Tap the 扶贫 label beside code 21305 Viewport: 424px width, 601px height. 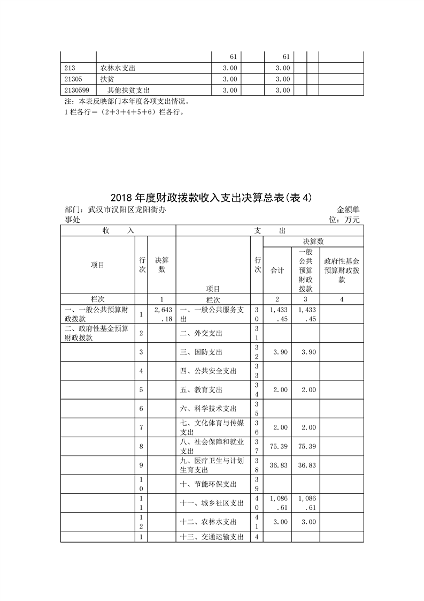(x=107, y=79)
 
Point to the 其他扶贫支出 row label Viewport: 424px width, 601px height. (x=128, y=90)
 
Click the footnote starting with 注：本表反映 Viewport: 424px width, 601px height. (x=126, y=101)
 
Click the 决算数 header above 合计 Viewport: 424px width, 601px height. (x=313, y=242)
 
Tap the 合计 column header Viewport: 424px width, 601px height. (x=277, y=271)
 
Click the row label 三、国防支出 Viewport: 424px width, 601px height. (x=201, y=352)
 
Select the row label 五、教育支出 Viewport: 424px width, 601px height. (x=201, y=389)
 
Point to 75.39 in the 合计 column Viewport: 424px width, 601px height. (x=277, y=446)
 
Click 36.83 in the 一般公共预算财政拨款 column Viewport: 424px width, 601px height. (x=306, y=465)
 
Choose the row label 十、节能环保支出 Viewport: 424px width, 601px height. (x=208, y=484)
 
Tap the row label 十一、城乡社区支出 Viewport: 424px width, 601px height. (x=212, y=503)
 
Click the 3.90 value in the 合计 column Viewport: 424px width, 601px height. (x=277, y=352)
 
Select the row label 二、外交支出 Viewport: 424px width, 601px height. (x=201, y=333)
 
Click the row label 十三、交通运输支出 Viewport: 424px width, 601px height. (x=212, y=537)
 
